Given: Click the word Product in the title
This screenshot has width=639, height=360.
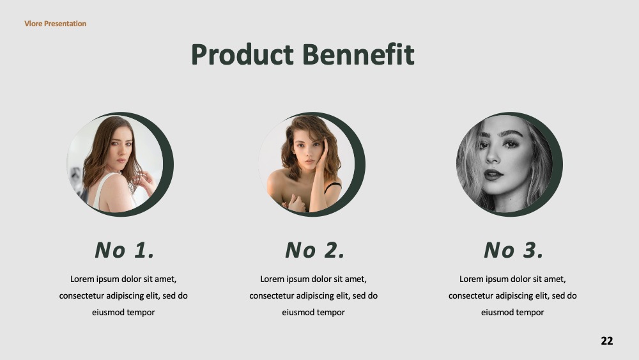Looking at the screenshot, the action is coord(242,54).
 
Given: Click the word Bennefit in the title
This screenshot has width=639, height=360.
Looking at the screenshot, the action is coord(358,54).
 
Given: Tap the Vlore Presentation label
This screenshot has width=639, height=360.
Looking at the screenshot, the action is coord(56,24).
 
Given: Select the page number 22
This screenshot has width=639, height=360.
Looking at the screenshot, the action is coord(607,341).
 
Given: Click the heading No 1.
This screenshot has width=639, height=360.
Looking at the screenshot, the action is coord(125,250).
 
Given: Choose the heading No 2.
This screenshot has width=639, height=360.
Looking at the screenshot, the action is coord(314,250).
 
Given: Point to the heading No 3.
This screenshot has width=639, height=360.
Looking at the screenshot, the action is coord(514,250).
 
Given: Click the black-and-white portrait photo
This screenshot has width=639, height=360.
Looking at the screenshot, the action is coord(504,164).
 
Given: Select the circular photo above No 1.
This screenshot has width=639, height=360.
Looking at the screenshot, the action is coord(115,164).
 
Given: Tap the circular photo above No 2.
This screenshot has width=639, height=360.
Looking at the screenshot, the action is coord(307,164).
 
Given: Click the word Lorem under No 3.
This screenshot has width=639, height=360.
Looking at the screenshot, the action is coord(471,279).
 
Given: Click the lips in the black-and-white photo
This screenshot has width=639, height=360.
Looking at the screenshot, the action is coord(493,175).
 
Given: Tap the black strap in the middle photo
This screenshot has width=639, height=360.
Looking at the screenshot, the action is coord(333,187).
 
